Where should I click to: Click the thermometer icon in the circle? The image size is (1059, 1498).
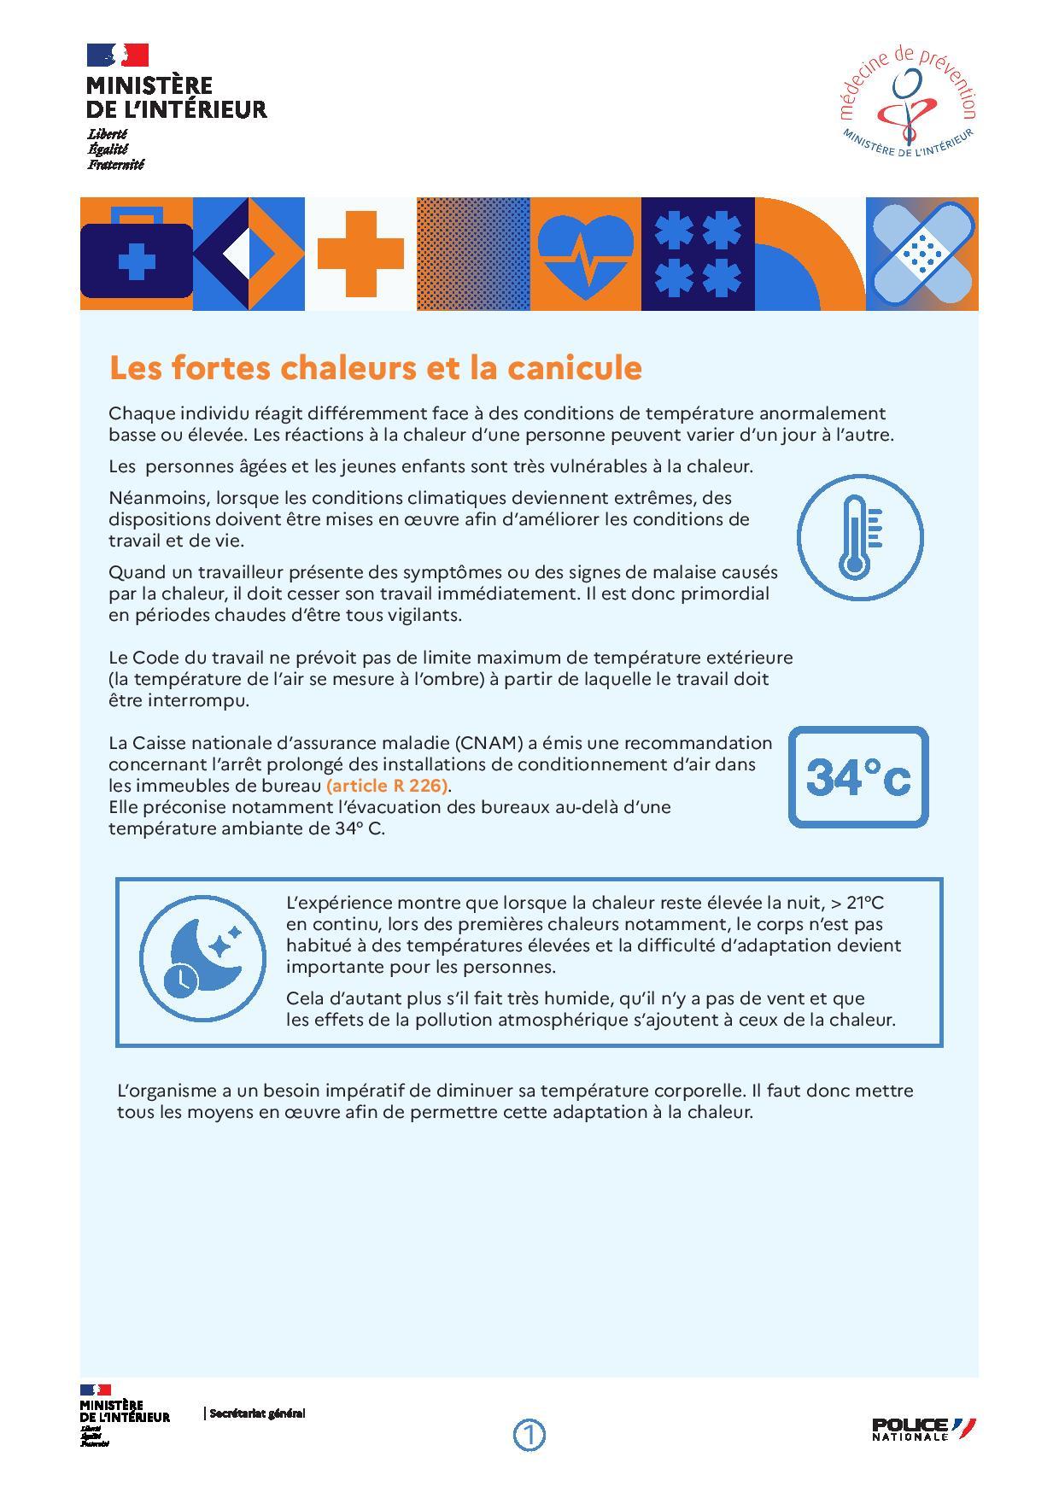pos(859,537)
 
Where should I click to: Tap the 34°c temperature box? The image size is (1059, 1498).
pos(857,776)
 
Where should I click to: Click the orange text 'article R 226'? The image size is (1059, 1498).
pos(388,785)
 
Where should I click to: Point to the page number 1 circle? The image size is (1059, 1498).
pos(529,1435)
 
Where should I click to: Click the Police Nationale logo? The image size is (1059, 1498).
pos(923,1429)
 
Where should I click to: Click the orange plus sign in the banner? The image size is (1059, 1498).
pos(360,254)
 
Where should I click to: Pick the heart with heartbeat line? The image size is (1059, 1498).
pos(586,253)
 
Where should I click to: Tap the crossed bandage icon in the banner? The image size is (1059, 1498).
pos(922,254)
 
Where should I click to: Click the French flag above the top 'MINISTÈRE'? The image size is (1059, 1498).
pos(118,56)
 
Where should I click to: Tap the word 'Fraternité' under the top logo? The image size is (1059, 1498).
pos(116,165)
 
